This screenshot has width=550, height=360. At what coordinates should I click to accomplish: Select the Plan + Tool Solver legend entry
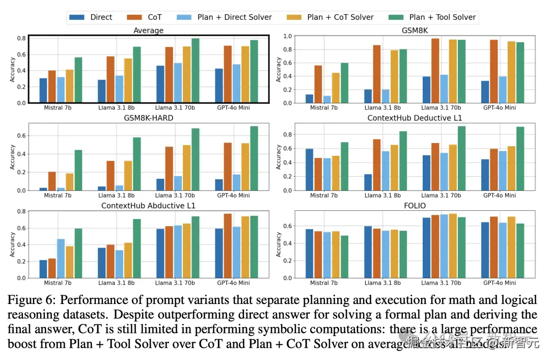point(432,17)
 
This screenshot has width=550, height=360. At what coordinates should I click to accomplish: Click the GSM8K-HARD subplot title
point(148,118)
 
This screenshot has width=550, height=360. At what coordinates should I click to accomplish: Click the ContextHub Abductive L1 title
point(148,206)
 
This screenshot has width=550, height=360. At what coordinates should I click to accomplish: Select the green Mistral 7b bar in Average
point(78,80)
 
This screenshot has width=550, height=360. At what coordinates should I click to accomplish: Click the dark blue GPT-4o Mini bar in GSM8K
point(485,92)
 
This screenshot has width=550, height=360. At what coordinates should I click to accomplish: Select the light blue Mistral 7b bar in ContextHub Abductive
point(61,258)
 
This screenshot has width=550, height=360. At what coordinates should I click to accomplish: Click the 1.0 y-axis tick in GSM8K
point(286,36)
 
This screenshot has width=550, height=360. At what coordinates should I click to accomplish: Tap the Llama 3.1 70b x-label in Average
point(178,107)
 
